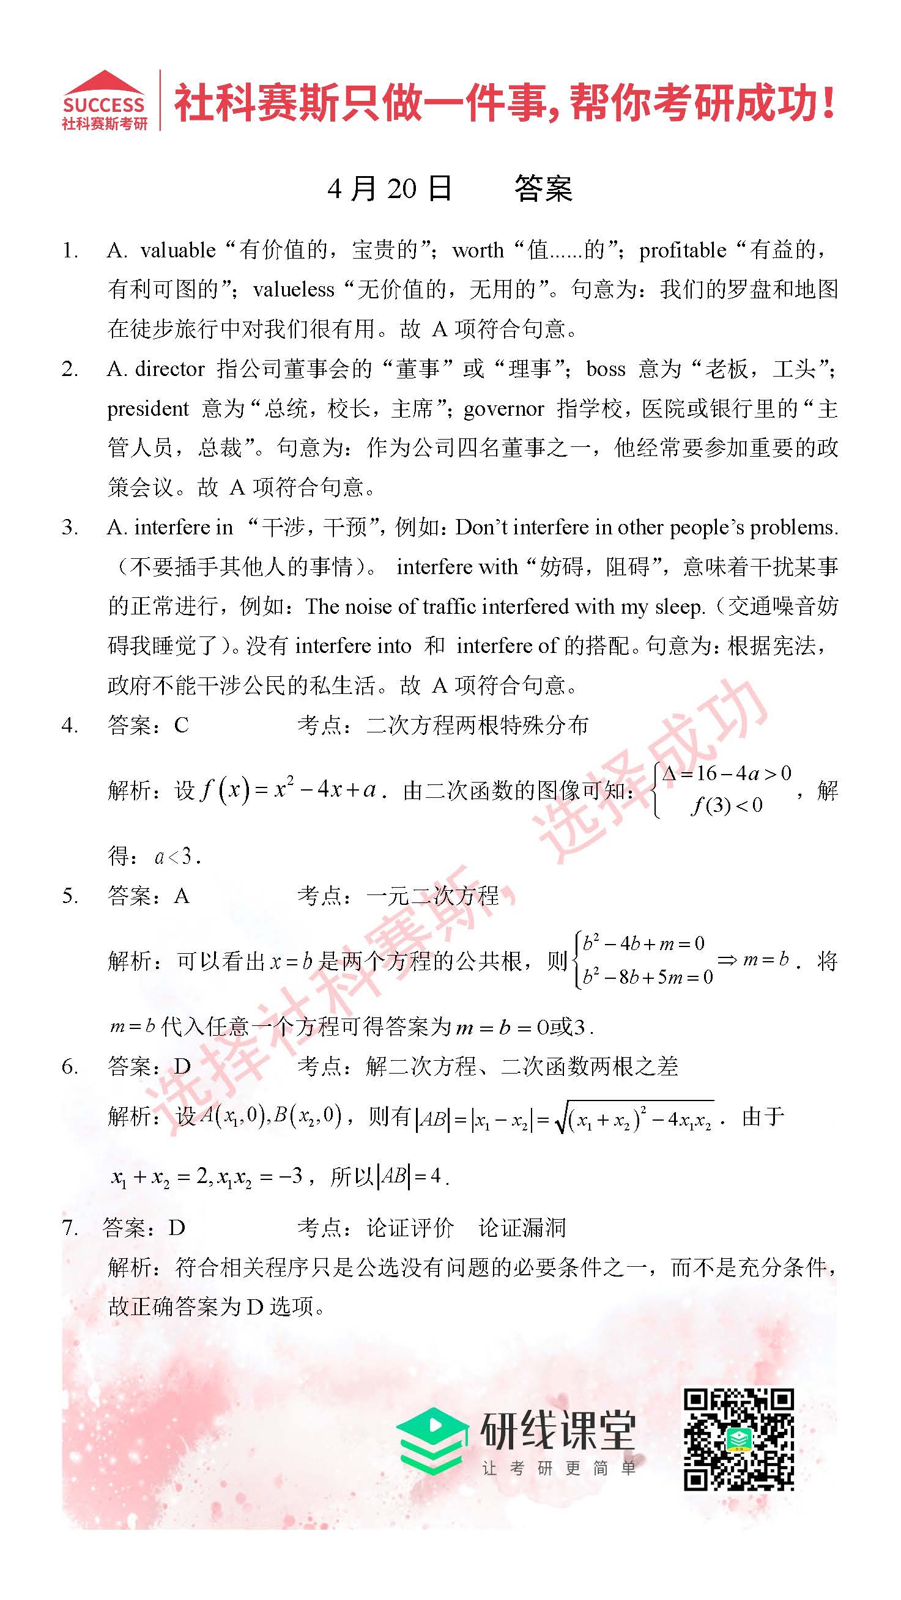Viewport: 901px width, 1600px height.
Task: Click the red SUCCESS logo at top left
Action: (105, 101)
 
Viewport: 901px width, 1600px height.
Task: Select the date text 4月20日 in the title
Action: (390, 188)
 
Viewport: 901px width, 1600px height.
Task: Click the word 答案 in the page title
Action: (543, 188)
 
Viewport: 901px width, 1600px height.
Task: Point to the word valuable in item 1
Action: (178, 250)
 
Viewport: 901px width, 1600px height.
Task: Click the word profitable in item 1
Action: (682, 250)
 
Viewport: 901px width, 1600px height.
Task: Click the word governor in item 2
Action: (503, 408)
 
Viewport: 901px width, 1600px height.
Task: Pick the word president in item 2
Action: (148, 408)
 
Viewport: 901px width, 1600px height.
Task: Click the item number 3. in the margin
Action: (70, 528)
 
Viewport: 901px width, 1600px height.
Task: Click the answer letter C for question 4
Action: (182, 725)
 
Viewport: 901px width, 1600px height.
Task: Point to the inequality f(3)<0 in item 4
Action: (727, 806)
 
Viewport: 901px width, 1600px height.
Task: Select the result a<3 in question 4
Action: (177, 857)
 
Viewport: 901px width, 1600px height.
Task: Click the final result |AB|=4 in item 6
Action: (410, 1176)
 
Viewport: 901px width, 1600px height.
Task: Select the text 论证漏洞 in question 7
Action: (522, 1228)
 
